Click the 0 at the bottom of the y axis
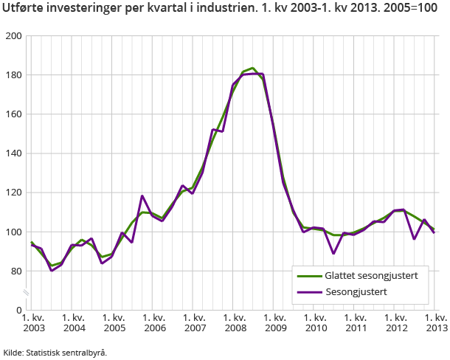19,310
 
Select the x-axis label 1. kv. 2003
33,322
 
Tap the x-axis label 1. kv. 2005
114,322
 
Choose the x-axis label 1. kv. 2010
315,322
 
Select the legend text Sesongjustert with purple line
356,292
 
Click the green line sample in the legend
308,276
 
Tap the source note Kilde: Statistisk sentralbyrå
55,352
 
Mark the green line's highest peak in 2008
253,68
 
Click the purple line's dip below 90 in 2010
333,253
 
